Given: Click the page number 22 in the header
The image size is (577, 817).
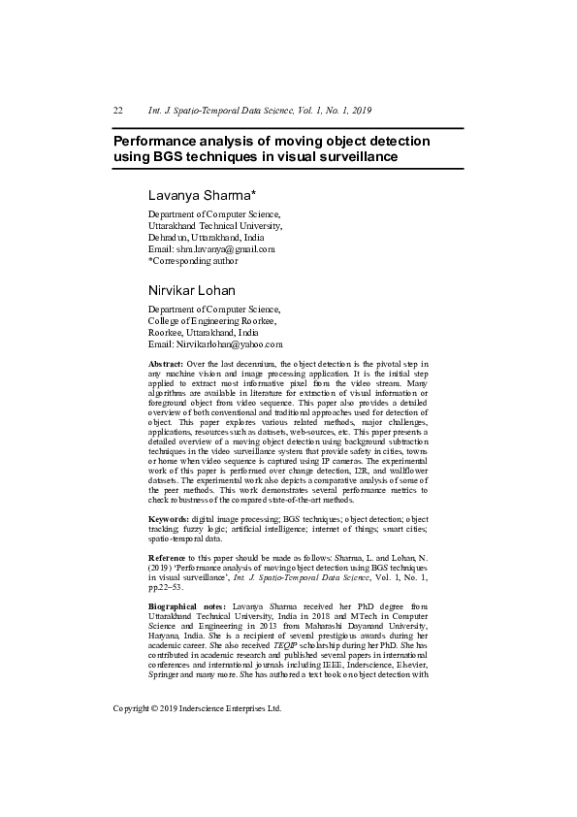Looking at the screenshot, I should click(117, 111).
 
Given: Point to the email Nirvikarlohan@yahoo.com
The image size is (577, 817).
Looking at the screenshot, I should click(231, 344).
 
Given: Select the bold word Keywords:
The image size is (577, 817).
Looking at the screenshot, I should click(168, 520).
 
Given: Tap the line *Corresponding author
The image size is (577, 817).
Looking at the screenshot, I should click(193, 260).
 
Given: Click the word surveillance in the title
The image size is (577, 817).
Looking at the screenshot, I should click(351, 156).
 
